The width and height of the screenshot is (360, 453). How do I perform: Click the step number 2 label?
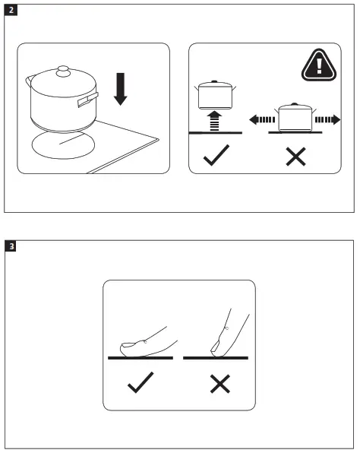(x=11, y=11)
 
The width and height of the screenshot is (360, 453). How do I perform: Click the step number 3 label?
(x=11, y=246)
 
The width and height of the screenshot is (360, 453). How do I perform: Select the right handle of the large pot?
(x=88, y=97)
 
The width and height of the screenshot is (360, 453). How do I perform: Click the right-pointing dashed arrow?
(x=327, y=119)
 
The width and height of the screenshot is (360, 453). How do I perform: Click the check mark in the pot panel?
(x=215, y=157)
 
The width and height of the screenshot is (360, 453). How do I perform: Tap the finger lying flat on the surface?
(x=144, y=341)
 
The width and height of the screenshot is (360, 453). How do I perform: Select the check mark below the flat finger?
(x=141, y=385)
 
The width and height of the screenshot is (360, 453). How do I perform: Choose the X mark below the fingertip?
(x=219, y=385)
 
